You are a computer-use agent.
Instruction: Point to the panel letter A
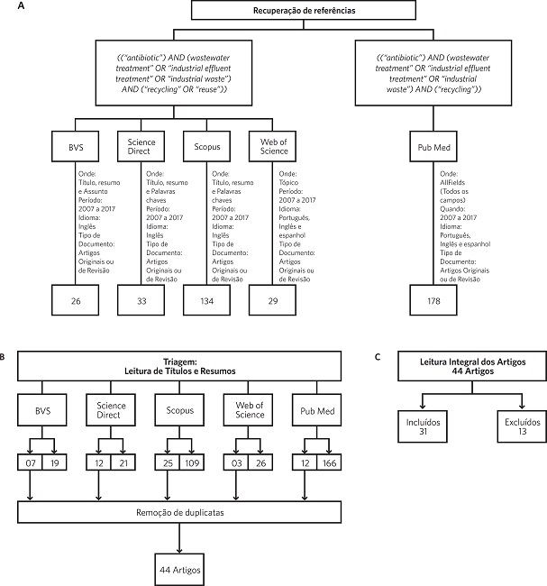(8, 5)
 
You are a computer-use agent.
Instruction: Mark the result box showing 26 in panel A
(76, 299)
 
